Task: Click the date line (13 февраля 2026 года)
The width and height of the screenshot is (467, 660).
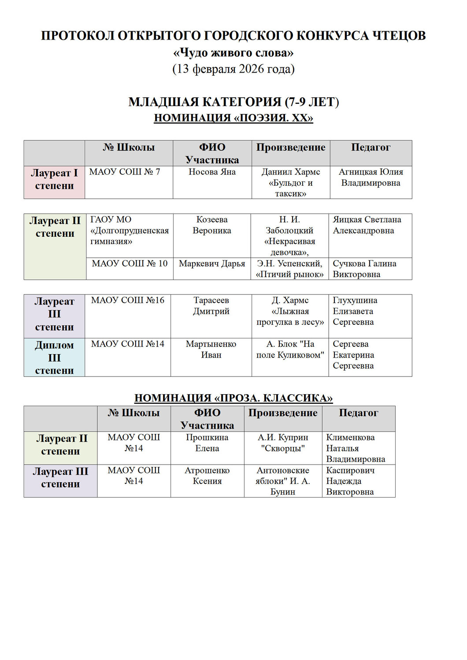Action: point(233,69)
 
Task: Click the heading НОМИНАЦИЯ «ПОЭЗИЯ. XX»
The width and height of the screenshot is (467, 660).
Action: point(233,118)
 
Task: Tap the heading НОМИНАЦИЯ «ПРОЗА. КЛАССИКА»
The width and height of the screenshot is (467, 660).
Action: point(233,398)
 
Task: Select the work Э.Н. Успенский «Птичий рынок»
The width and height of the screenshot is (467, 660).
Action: point(289,269)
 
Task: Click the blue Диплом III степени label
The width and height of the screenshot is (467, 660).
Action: point(54,357)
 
